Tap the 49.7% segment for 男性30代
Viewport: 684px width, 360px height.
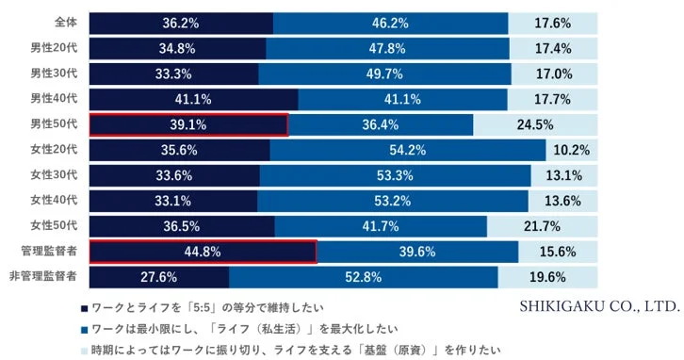[x=384, y=73]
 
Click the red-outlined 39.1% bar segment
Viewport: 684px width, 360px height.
[x=188, y=124]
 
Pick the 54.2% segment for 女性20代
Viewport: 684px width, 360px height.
[x=407, y=150]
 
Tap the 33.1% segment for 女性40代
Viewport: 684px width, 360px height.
[x=173, y=201]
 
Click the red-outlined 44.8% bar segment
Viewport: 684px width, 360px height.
[x=203, y=252]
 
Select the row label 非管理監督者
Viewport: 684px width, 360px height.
[x=43, y=277]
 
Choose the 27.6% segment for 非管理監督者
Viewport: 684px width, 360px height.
[x=159, y=277]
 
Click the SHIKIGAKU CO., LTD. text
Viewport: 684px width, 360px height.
[x=598, y=306]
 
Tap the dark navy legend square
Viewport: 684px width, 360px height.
[x=84, y=307]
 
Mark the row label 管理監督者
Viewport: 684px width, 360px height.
[x=49, y=252]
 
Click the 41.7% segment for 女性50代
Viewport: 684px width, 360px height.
[x=381, y=226]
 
